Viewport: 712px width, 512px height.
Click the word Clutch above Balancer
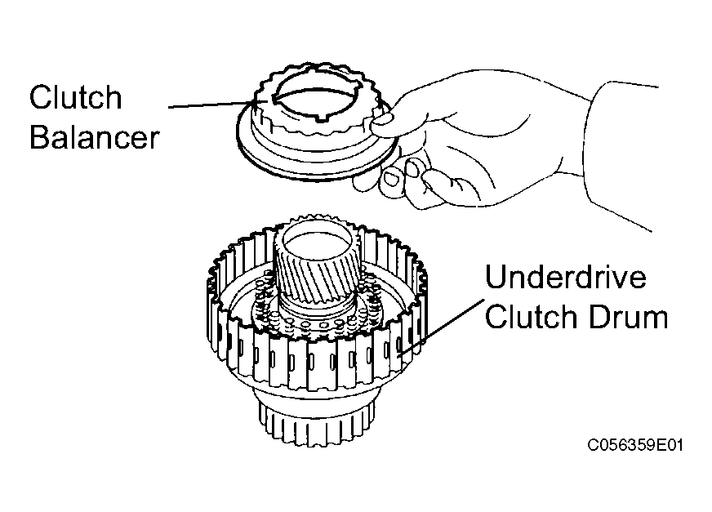click(76, 97)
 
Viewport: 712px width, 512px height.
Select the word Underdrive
click(566, 276)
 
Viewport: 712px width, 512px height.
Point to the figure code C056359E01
click(634, 445)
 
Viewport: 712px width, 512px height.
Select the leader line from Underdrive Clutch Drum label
click(439, 328)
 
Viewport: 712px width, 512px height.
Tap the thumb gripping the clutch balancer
click(382, 122)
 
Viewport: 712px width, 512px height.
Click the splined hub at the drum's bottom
click(317, 421)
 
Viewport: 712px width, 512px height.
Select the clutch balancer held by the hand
click(317, 122)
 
